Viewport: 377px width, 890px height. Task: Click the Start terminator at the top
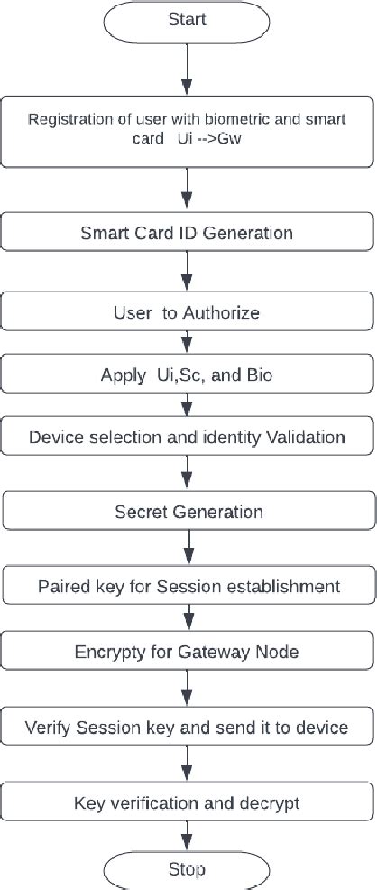(188, 19)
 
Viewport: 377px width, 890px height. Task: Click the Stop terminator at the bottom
(188, 869)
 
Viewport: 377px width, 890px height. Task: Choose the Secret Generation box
(188, 512)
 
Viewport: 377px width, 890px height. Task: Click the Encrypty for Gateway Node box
(188, 652)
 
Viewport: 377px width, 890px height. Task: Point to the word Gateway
(225, 652)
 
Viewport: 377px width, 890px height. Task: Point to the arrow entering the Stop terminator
(188, 835)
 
